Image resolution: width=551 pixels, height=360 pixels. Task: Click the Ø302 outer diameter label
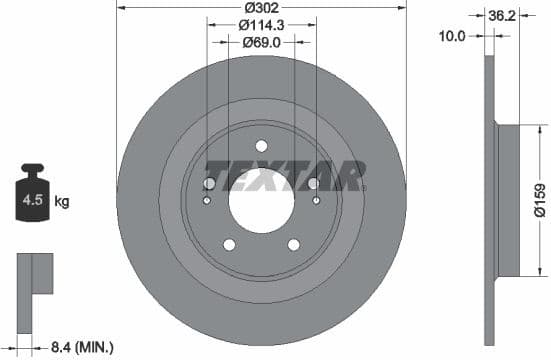[261, 8]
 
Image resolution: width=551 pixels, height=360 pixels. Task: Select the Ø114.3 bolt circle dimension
[261, 25]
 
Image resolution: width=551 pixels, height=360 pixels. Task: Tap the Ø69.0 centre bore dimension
[261, 42]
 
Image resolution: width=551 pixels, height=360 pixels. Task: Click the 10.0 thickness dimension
[453, 35]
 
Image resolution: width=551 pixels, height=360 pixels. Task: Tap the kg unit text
[62, 202]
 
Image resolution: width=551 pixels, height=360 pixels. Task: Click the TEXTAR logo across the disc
[284, 174]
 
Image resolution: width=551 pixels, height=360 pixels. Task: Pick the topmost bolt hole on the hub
[261, 145]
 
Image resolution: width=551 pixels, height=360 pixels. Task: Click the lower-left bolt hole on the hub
[229, 245]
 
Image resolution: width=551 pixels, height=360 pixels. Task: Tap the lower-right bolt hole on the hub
[294, 245]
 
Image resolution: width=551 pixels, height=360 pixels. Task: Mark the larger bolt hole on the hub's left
[209, 184]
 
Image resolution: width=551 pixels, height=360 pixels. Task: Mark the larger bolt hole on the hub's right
[313, 184]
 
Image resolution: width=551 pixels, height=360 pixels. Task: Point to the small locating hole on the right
[317, 201]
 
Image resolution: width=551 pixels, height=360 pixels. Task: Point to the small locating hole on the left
[206, 201]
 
